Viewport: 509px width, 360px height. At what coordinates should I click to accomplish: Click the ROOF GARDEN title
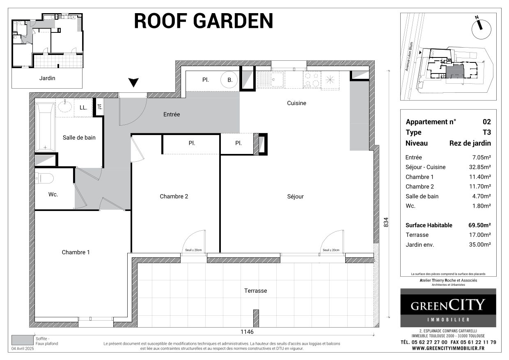[x=204, y=21]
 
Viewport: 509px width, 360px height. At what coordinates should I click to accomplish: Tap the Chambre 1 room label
[x=76, y=252]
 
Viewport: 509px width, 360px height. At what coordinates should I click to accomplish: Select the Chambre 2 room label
[x=174, y=196]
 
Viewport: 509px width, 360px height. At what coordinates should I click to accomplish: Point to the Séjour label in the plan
[x=295, y=197]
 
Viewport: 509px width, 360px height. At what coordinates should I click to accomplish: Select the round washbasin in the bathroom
[x=65, y=107]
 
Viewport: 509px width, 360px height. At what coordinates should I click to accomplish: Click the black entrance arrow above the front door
[x=133, y=83]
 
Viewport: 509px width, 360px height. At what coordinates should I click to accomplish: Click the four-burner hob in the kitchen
[x=312, y=79]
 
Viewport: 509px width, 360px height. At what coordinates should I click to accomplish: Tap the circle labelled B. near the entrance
[x=229, y=80]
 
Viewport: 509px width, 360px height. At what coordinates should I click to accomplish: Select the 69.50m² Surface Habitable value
[x=479, y=225]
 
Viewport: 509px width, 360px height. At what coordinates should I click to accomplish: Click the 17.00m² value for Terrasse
[x=480, y=235]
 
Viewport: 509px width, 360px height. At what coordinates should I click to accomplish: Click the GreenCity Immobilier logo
[x=448, y=307]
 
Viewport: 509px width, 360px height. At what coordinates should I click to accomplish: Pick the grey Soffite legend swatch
[x=22, y=340]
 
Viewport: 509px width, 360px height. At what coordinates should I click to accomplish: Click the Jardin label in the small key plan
[x=47, y=78]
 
